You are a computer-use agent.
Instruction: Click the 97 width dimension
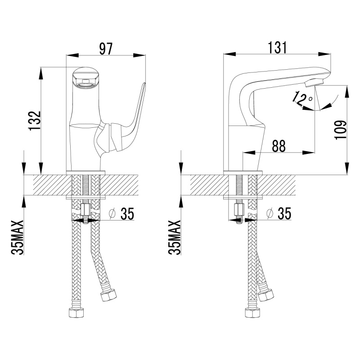click(x=106, y=49)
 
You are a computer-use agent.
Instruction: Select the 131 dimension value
click(x=277, y=48)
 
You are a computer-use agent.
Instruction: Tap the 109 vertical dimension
click(x=341, y=130)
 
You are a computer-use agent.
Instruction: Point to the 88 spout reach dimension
click(x=279, y=146)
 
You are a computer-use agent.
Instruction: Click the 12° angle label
click(x=302, y=98)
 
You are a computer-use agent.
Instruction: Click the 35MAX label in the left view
click(x=18, y=238)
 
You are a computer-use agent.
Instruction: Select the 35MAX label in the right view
click(x=175, y=238)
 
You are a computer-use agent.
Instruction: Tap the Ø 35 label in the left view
click(x=121, y=214)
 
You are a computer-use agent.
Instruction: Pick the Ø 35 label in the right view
click(x=279, y=213)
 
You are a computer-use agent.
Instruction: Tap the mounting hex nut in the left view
click(x=85, y=210)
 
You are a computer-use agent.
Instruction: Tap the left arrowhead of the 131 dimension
click(x=230, y=54)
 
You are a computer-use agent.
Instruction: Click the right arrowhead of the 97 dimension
click(x=139, y=55)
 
